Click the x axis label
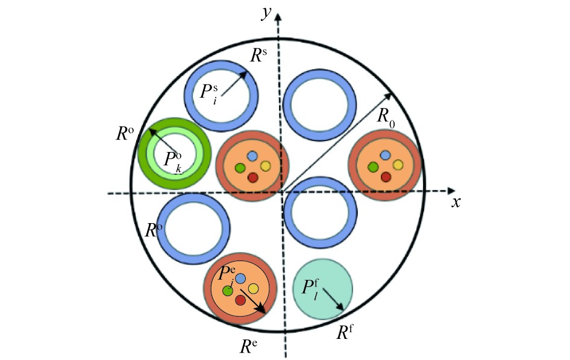click(x=456, y=202)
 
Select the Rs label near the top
click(x=260, y=58)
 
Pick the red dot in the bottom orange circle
click(x=240, y=300)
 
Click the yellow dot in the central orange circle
click(x=265, y=166)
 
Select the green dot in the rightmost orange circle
click(x=373, y=167)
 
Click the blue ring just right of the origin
click(x=319, y=213)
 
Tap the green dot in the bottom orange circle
click(x=228, y=291)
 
